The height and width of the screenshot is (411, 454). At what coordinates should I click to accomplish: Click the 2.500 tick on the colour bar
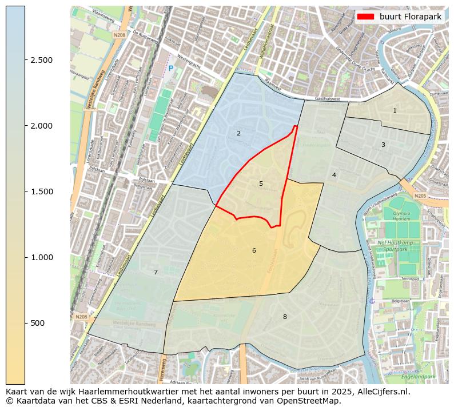(x=41, y=60)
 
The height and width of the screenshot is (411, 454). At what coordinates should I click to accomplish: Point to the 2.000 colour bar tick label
(x=41, y=126)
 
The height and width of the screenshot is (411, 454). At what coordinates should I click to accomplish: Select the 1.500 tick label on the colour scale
(x=41, y=191)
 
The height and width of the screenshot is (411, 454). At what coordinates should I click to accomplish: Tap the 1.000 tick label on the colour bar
(x=41, y=257)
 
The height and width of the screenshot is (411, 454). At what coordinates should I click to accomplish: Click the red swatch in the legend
(x=365, y=17)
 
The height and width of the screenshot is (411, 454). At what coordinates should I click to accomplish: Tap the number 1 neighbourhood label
(x=395, y=110)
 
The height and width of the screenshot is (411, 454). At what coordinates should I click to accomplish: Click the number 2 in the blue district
(x=238, y=133)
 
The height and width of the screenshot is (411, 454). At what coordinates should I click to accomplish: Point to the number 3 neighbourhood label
(x=383, y=145)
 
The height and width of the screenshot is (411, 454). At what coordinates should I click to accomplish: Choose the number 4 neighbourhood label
(x=334, y=175)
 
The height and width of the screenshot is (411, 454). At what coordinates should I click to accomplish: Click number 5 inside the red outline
(x=261, y=183)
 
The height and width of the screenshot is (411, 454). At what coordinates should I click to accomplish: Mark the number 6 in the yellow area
(x=254, y=250)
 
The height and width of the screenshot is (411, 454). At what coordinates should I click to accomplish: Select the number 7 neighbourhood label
(x=156, y=272)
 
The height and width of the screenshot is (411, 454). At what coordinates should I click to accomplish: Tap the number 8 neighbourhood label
(x=285, y=317)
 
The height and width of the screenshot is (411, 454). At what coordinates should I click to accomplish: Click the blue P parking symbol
(x=170, y=69)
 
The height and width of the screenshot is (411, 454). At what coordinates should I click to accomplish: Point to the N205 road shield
(x=420, y=196)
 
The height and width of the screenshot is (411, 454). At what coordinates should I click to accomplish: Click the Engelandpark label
(x=417, y=377)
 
